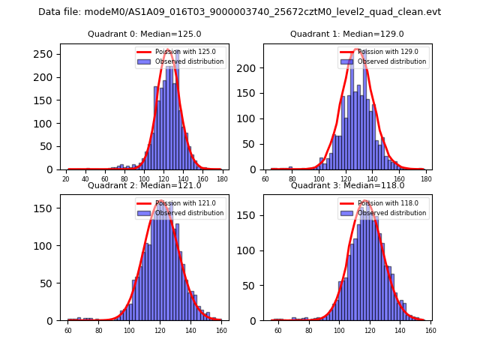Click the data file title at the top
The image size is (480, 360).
(x=239, y=12)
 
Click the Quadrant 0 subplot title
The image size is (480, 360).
(x=144, y=34)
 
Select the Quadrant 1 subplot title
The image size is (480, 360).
(x=346, y=34)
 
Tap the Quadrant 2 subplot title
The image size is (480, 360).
(x=144, y=185)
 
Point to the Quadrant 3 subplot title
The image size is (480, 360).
(x=346, y=185)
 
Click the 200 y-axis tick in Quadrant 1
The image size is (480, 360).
(x=252, y=67)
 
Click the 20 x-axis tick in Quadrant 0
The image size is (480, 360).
(x=66, y=179)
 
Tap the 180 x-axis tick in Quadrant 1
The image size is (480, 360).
(x=426, y=179)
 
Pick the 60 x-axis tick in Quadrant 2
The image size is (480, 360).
(x=67, y=330)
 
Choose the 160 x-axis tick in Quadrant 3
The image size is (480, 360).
(x=430, y=330)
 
